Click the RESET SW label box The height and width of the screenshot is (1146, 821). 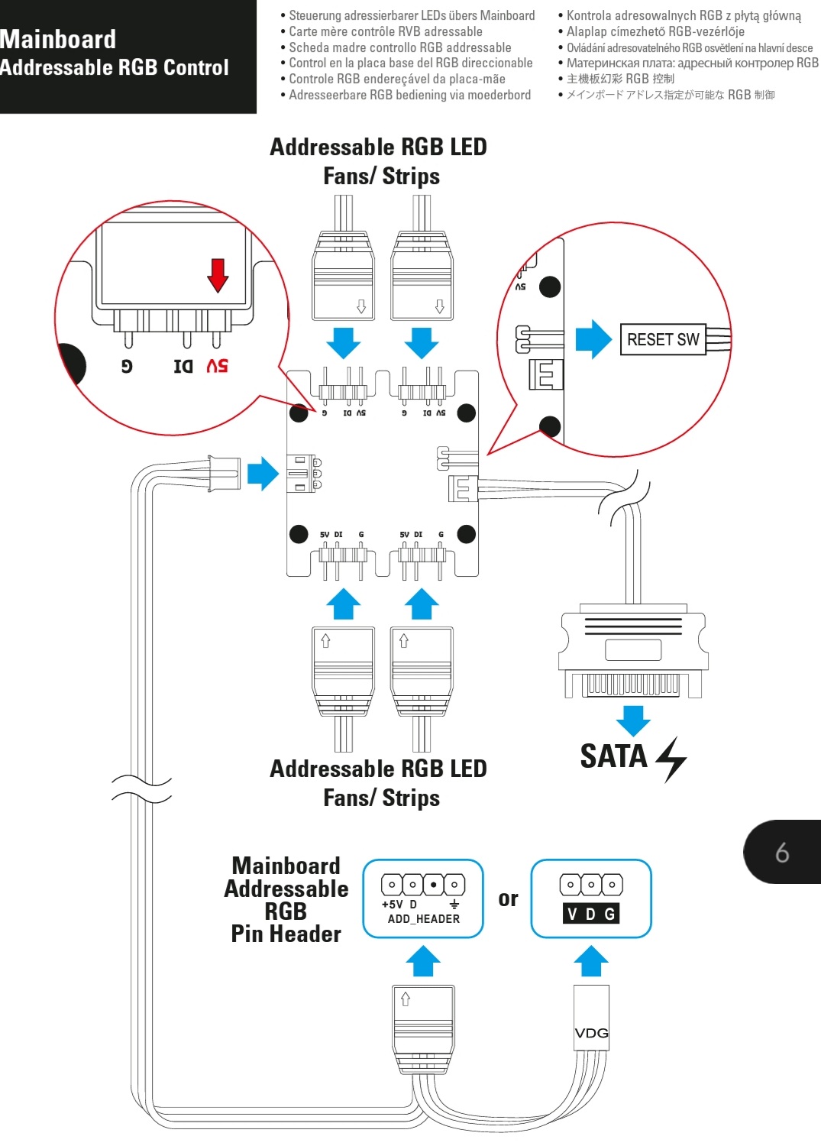[x=662, y=339]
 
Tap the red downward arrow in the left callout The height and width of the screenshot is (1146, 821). [x=218, y=275]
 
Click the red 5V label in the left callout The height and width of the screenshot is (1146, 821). [x=217, y=366]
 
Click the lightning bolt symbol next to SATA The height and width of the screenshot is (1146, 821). [x=671, y=759]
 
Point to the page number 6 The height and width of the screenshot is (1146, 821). [x=782, y=853]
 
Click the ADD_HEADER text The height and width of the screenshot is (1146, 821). [x=423, y=919]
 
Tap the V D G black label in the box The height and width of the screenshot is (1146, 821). [x=590, y=914]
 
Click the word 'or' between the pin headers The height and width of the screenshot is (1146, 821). [x=508, y=899]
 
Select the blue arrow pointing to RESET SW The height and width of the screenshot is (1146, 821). [x=593, y=339]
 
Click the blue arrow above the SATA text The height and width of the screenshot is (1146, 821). [x=633, y=720]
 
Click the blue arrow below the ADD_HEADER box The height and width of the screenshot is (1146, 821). [x=423, y=961]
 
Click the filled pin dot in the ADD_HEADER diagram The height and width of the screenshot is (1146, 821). [x=433, y=885]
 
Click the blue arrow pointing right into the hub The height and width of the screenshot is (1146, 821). [x=263, y=474]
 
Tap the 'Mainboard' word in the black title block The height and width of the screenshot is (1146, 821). [x=59, y=40]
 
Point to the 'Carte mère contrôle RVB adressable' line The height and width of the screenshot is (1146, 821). [x=385, y=31]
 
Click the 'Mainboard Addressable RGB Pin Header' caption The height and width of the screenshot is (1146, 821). [x=286, y=899]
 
